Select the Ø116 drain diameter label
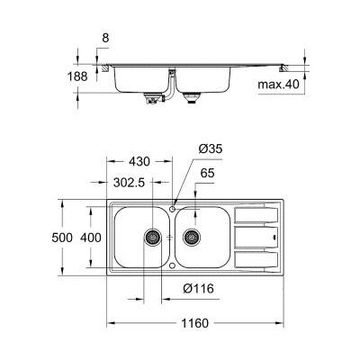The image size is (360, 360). tap(198, 290)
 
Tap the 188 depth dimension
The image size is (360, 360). tap(77, 77)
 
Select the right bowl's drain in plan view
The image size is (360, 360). tap(191, 238)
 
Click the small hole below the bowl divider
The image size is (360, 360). tap(173, 266)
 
